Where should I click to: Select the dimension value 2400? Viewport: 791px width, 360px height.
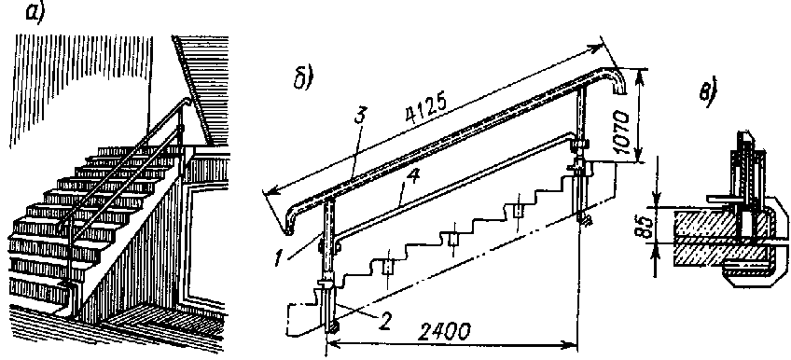[x=444, y=332]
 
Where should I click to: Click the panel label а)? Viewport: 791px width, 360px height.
[x=35, y=14]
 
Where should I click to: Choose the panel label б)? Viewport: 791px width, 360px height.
[x=304, y=78]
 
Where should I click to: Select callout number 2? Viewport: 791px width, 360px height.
[x=384, y=322]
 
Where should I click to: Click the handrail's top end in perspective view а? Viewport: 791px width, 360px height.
[x=187, y=101]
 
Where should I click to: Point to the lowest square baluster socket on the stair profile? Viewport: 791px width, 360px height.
[x=387, y=267]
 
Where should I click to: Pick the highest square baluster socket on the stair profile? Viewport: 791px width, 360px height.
[x=518, y=212]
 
